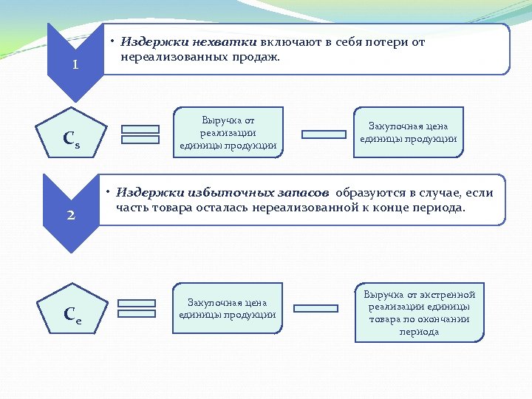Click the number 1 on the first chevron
point(75,65)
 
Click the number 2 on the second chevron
point(72,216)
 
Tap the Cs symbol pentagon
point(72,140)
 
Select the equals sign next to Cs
point(140,134)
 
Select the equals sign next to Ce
point(137,308)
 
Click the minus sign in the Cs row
point(324,134)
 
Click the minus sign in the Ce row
point(316,308)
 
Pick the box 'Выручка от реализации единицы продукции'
point(228,132)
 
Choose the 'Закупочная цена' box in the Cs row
point(408,132)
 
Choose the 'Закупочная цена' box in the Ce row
point(227,308)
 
